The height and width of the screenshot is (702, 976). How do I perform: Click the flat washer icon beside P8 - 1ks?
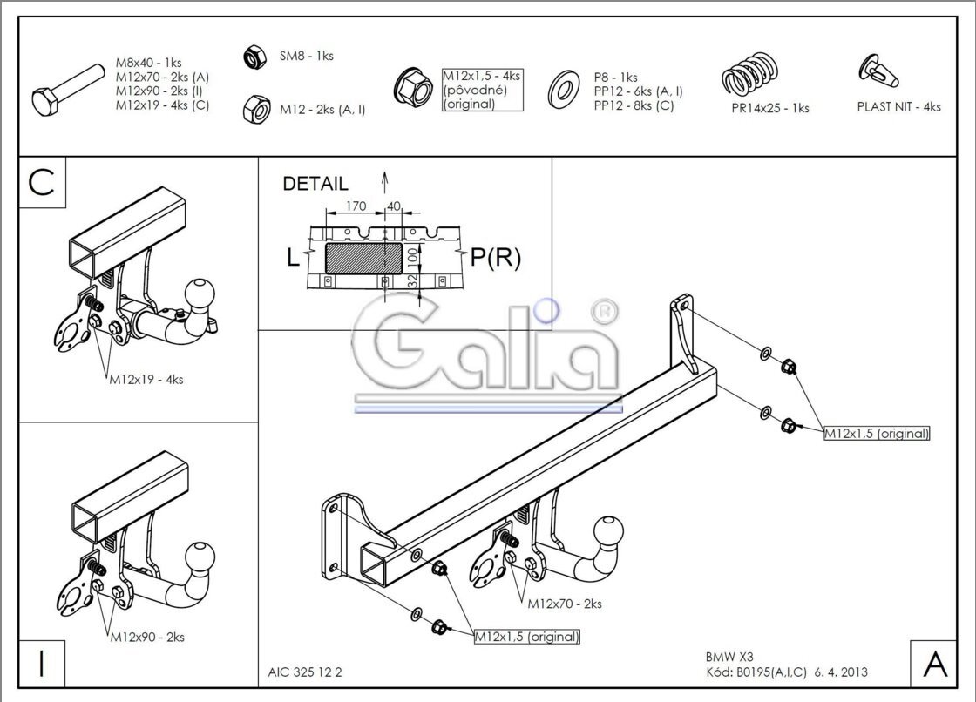click(x=566, y=90)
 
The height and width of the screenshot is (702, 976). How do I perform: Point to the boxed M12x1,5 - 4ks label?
click(x=481, y=90)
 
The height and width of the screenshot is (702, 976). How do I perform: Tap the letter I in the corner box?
click(x=41, y=664)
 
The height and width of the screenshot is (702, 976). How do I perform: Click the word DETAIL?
click(x=315, y=184)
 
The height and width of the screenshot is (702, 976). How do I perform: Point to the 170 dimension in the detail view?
click(x=355, y=206)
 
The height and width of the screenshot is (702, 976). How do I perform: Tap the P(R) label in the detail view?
click(x=495, y=258)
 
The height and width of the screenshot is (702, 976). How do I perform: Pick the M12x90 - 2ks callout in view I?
click(x=146, y=637)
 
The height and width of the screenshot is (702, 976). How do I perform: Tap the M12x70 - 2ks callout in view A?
click(x=564, y=603)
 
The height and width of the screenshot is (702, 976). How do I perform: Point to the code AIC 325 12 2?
click(x=305, y=672)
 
